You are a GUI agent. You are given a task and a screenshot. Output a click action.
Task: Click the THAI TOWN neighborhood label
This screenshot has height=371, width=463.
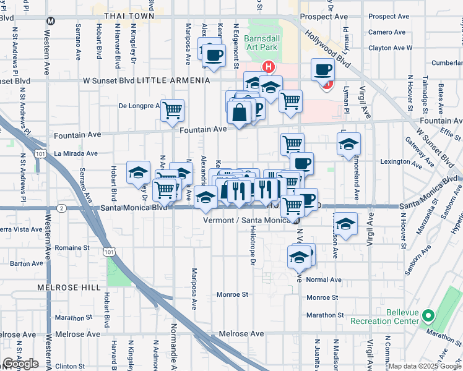click(129, 15)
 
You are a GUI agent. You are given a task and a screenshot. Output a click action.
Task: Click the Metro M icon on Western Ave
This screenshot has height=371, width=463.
click(51, 20)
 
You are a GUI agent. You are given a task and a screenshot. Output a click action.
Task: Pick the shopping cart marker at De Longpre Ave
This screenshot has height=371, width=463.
click(173, 111)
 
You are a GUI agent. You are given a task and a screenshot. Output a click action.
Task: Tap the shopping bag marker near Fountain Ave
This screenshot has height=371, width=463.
click(240, 113)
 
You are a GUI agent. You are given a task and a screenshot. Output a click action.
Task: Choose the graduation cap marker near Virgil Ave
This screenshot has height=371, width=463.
click(349, 145)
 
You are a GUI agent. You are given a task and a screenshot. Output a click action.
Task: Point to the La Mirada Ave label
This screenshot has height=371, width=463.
click(76, 153)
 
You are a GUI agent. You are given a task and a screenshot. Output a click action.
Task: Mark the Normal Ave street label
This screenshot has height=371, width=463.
click(324, 279)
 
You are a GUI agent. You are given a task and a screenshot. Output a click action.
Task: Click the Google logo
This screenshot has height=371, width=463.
click(20, 364)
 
